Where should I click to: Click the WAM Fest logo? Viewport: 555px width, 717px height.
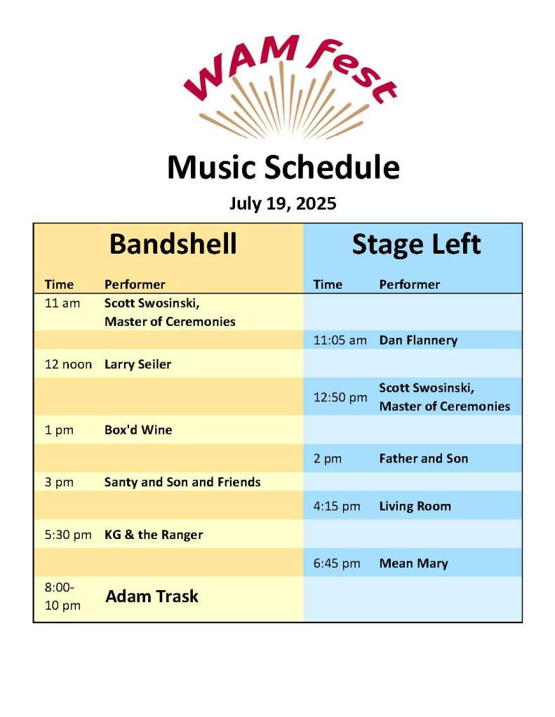pos(290,87)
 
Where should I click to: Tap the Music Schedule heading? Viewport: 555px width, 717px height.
pos(283,167)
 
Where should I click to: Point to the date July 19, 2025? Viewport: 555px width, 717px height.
pos(283,203)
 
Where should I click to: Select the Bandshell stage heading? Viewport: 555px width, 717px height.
pos(173,244)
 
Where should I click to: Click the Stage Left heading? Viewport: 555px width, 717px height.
pos(416,244)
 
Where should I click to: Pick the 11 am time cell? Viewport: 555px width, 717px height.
pos(62,303)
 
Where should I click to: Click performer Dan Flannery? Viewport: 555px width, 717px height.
pos(419,340)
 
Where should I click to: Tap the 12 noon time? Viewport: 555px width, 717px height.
pos(68,364)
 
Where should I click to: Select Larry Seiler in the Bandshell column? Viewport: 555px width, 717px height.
pos(138,364)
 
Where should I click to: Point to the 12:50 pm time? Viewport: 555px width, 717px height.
pos(340,397)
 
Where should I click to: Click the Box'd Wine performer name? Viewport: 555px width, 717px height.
pos(138,430)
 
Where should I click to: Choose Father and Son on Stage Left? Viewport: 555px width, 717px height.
pos(424,458)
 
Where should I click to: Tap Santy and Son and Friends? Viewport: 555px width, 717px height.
pos(182,482)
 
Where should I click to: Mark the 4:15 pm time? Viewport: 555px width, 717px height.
pos(337,506)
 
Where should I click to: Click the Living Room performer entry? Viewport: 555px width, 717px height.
pos(415,506)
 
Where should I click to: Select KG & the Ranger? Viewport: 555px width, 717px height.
pos(154,535)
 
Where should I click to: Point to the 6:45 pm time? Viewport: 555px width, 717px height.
pos(337,564)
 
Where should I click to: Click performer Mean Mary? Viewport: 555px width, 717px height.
pos(413,564)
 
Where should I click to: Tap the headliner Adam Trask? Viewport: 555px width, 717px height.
pos(152,596)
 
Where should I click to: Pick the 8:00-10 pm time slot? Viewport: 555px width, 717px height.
pos(62,596)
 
